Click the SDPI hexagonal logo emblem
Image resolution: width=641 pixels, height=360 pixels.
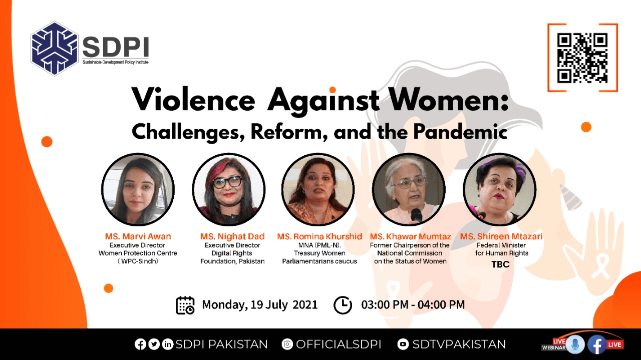pyautogui.click(x=55, y=49)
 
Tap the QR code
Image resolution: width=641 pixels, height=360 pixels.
pyautogui.click(x=582, y=58)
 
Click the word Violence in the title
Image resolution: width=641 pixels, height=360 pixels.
pyautogui.click(x=193, y=100)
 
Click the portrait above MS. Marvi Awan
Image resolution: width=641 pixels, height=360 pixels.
pyautogui.click(x=138, y=189)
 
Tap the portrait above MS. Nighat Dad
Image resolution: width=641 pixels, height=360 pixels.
pyautogui.click(x=229, y=189)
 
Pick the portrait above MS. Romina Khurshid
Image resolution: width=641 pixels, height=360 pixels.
pyautogui.click(x=318, y=189)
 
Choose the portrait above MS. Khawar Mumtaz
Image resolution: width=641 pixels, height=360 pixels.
pyautogui.click(x=409, y=189)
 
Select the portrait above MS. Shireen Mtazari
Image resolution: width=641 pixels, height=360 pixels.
pyautogui.click(x=500, y=189)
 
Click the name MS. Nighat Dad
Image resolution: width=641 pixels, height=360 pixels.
pyautogui.click(x=232, y=237)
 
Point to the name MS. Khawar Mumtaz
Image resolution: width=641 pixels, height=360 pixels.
pyautogui.click(x=410, y=237)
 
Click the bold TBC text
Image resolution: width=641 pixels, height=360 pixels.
pyautogui.click(x=500, y=264)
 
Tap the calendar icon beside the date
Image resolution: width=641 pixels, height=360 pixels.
pyautogui.click(x=185, y=305)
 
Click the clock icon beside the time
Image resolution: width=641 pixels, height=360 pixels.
pyautogui.click(x=343, y=305)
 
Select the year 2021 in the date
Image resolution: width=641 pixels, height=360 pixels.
pyautogui.click(x=305, y=304)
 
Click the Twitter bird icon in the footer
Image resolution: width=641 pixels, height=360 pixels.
pyautogui.click(x=154, y=344)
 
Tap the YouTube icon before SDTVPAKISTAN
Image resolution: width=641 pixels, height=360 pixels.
pyautogui.click(x=403, y=344)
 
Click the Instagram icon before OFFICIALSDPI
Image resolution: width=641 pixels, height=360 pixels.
pyautogui.click(x=287, y=344)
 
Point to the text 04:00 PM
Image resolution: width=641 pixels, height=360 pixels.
pyautogui.click(x=441, y=304)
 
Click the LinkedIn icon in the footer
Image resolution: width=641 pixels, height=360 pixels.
pyautogui.click(x=168, y=344)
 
